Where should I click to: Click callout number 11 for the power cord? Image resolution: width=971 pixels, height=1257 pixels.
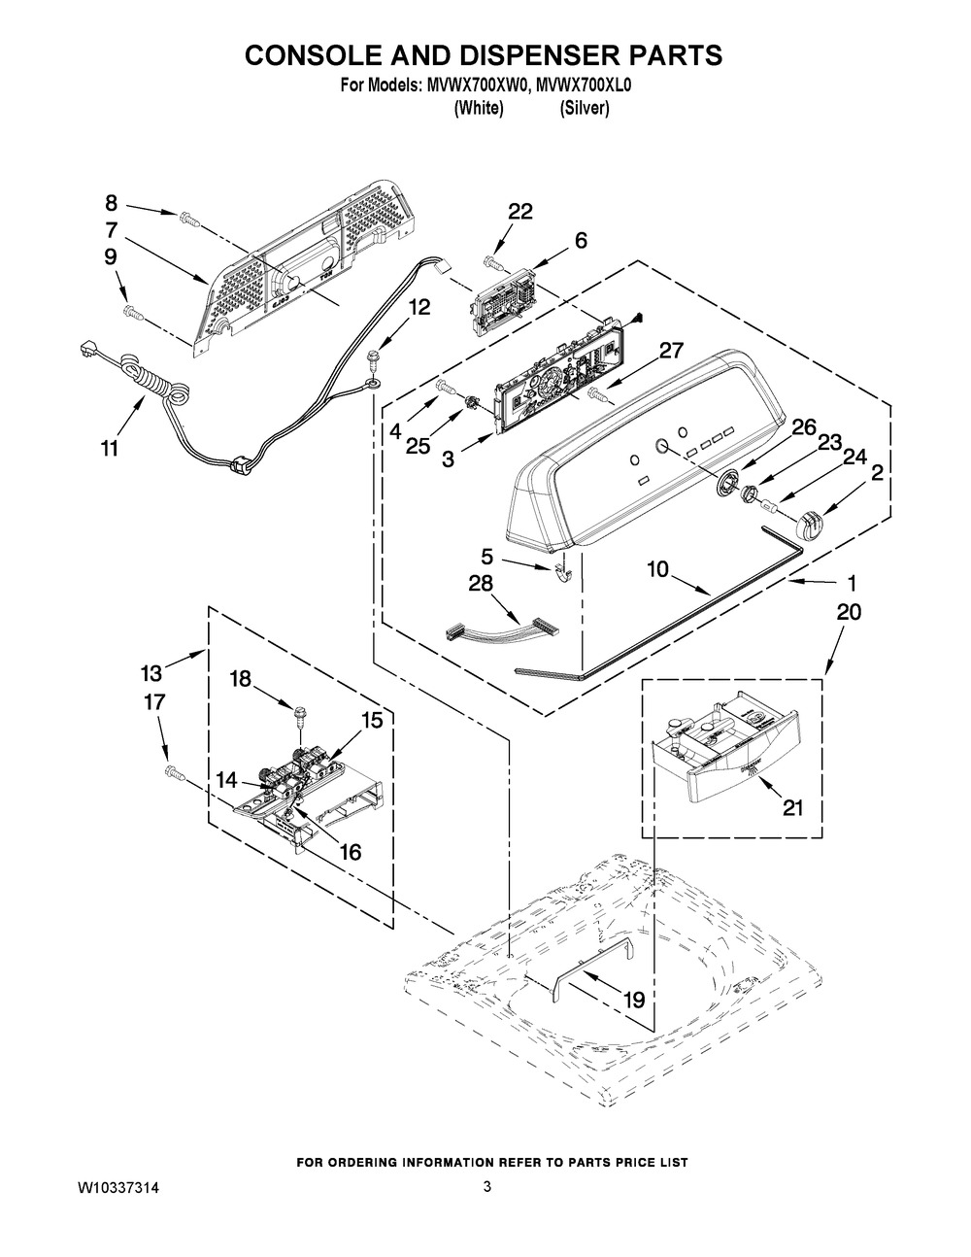[x=109, y=448]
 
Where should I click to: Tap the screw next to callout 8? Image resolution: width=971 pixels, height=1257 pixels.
[x=186, y=220]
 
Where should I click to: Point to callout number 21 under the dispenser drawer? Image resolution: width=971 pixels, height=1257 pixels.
[x=792, y=807]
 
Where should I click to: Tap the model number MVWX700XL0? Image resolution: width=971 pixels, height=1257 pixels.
[x=584, y=86]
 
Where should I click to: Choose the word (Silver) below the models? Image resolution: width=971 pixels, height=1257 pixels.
[x=584, y=108]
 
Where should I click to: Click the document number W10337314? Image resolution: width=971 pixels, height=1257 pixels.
[x=118, y=1188]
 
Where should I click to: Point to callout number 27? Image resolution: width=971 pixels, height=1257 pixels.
[x=671, y=351]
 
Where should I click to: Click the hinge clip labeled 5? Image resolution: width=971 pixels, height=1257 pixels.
[x=562, y=573]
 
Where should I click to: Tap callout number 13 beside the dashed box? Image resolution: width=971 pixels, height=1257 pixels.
[x=152, y=673]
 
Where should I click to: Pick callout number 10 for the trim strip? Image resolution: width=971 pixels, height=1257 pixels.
[x=657, y=569]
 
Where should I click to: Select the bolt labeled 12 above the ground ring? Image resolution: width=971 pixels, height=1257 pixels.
[x=373, y=358]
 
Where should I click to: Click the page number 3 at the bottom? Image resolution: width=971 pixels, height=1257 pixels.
[x=487, y=1187]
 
